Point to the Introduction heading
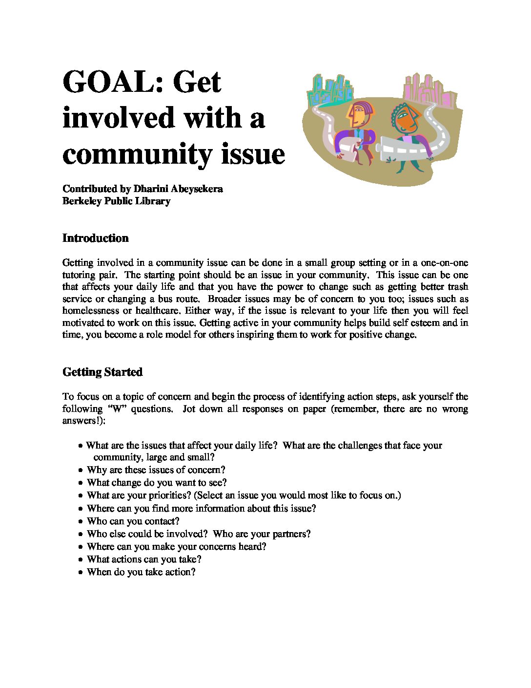tap(96, 238)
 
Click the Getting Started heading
tap(102, 372)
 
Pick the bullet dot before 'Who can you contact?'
tap(81, 521)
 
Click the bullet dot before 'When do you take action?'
tap(81, 572)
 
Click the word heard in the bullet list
tap(252, 547)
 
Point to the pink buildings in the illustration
tap(428, 90)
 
